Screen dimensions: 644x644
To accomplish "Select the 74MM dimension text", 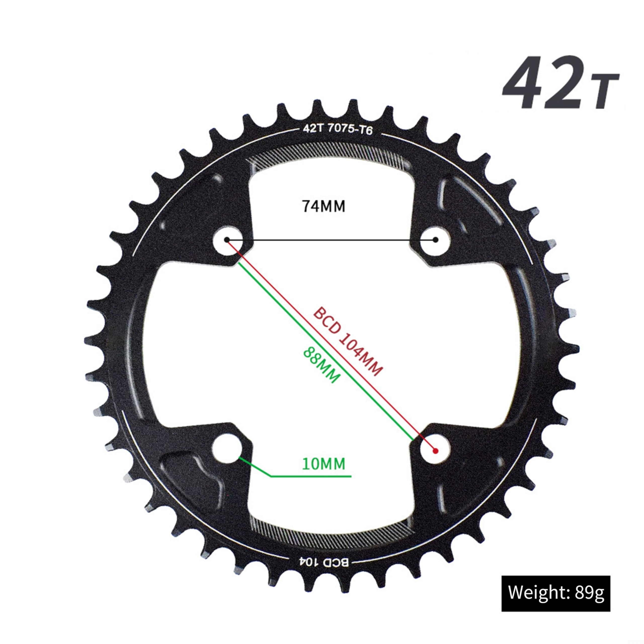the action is click(x=323, y=206).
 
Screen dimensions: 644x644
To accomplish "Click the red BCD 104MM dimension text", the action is click(x=348, y=341).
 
